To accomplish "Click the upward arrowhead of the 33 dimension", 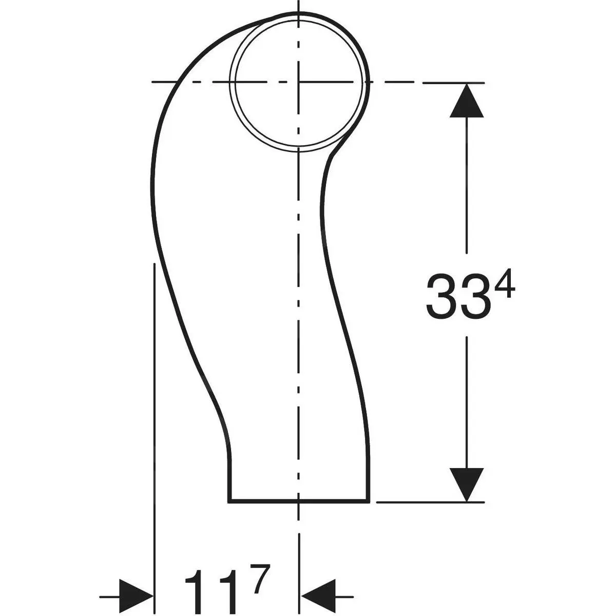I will point(466,101).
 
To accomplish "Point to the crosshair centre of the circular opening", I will point(299,82).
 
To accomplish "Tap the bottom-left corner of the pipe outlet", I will point(229,500).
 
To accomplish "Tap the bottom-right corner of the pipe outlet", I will point(369,500).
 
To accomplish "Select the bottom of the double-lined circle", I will point(299,148).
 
